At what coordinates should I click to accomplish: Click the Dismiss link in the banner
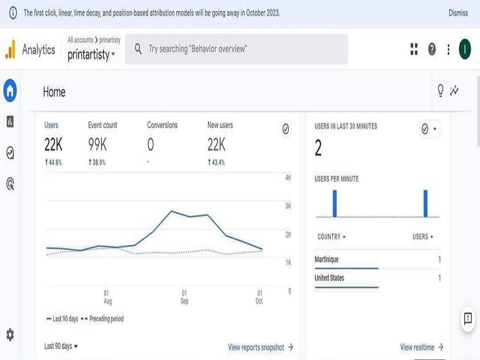tap(458, 13)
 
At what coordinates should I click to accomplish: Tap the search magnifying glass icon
tap(138, 48)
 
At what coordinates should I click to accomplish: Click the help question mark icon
tap(432, 49)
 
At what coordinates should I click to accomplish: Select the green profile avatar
tap(465, 49)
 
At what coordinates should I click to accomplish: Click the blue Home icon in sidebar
tap(10, 91)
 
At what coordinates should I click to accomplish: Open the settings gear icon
tap(10, 335)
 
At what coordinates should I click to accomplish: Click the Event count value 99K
tap(97, 144)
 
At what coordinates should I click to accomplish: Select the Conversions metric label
tap(162, 125)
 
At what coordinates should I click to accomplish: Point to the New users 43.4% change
tap(216, 162)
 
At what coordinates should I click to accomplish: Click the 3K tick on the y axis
tap(288, 206)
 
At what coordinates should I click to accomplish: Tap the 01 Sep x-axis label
tap(184, 297)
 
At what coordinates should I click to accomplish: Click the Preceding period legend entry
tap(102, 319)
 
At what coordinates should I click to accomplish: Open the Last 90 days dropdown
tap(61, 346)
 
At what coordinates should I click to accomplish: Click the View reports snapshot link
tap(261, 347)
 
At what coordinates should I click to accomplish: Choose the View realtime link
tap(421, 347)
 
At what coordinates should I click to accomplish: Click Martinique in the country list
tap(326, 259)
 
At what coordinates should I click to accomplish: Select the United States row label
tap(329, 277)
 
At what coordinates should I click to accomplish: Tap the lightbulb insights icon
tap(440, 91)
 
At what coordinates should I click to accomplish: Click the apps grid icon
tap(414, 49)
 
